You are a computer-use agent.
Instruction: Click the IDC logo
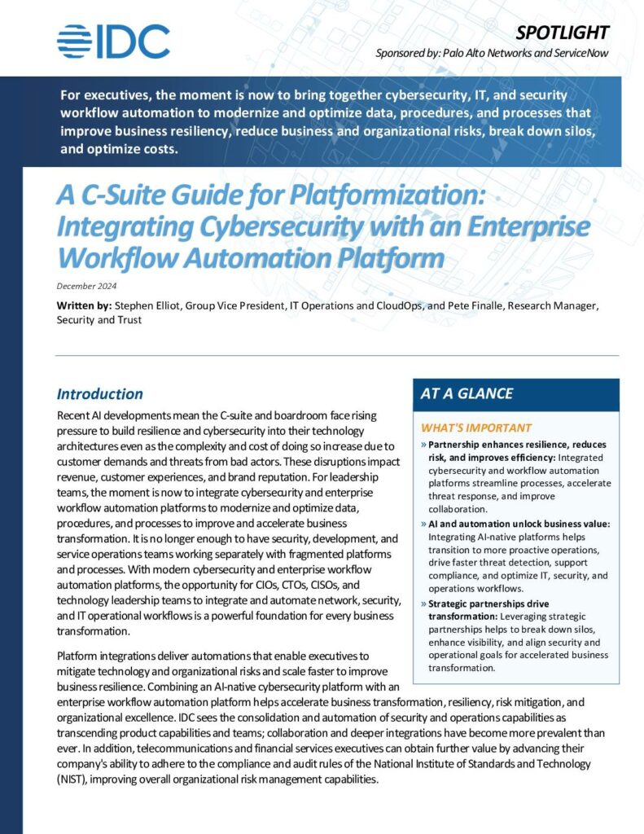coord(113,42)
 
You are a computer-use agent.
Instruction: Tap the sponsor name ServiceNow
coord(577,54)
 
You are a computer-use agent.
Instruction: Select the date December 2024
coord(86,286)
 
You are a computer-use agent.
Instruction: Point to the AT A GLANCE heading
coord(467,393)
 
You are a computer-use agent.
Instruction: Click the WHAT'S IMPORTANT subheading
coord(475,428)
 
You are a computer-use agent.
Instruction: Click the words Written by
coord(84,305)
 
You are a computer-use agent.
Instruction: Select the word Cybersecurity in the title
coord(253,226)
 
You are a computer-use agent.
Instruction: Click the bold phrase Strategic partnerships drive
coord(488,604)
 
